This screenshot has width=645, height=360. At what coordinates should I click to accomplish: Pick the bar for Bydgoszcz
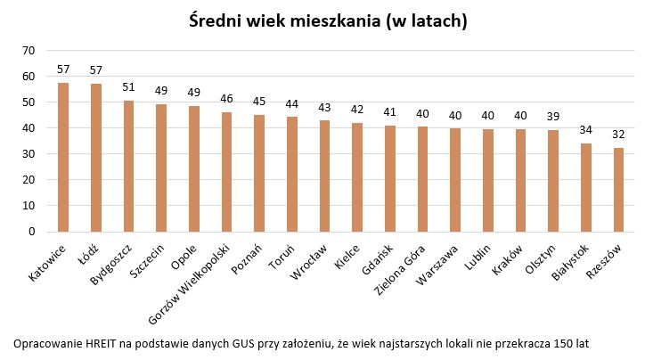(x=128, y=166)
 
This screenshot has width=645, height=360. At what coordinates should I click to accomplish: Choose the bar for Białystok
(x=585, y=187)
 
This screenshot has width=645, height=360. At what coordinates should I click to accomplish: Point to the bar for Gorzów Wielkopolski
(x=226, y=172)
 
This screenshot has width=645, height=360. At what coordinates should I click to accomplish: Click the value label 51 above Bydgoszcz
(x=128, y=87)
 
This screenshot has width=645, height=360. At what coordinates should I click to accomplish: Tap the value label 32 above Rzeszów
(x=618, y=135)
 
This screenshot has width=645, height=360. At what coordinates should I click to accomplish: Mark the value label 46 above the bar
(x=226, y=99)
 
